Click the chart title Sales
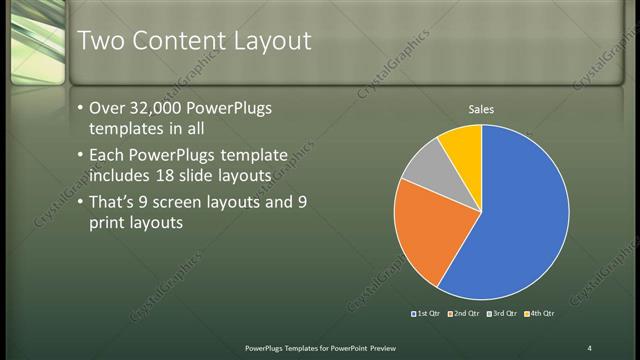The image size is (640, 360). [481, 110]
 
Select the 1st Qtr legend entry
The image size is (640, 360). [427, 313]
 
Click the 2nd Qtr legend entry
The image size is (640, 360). [464, 313]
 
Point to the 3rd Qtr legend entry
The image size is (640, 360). [501, 313]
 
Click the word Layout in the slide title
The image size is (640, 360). [272, 42]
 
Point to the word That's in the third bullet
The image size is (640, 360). [116, 203]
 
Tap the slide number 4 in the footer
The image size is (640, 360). [589, 347]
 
